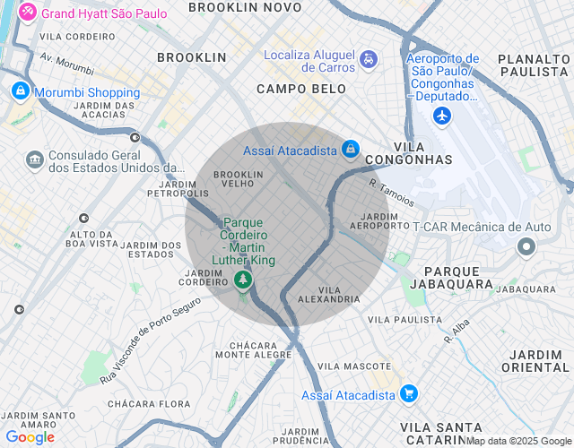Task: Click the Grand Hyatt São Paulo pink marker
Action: coord(28,13)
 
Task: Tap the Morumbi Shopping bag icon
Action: coord(20,92)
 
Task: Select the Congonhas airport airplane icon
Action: coord(441,116)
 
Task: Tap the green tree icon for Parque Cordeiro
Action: coord(242,282)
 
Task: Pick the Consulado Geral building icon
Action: coord(35,159)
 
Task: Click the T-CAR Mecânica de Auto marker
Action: coord(526,247)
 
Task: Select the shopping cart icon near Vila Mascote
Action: coord(409,394)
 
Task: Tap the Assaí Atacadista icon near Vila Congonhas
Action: coord(351,150)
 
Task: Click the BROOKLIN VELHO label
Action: coord(238,178)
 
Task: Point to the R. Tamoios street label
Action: coord(389,194)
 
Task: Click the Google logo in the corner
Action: coord(30,437)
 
